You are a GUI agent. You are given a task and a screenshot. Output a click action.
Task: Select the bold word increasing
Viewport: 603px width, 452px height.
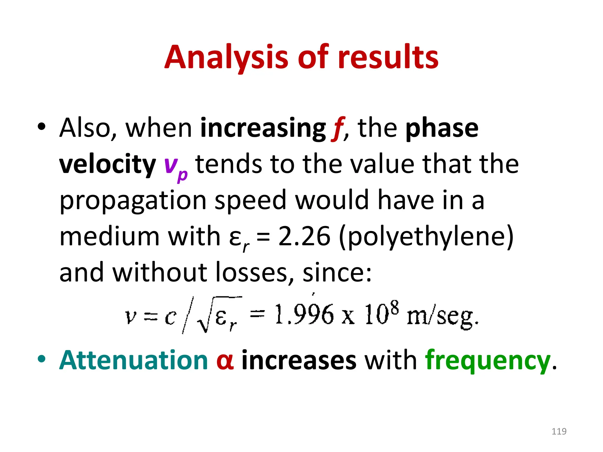pos(263,128)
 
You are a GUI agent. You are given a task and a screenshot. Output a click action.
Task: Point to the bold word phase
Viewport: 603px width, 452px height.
pos(442,128)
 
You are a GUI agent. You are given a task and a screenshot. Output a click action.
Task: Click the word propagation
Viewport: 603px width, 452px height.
pos(133,201)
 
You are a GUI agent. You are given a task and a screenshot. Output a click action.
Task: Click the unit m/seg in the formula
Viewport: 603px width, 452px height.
pos(442,317)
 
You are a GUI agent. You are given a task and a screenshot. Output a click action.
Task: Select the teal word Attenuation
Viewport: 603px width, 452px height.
pos(134,360)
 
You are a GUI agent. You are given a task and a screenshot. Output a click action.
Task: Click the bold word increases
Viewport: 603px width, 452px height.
pos(299,361)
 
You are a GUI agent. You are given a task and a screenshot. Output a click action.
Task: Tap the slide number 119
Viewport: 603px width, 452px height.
pos(559,431)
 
